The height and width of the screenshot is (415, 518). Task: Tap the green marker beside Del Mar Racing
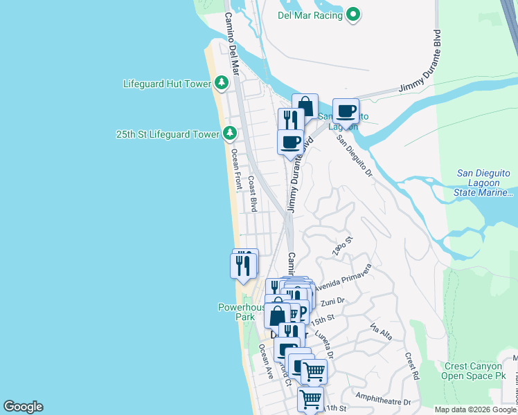(353, 14)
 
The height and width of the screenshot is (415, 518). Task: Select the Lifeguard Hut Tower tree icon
(222, 84)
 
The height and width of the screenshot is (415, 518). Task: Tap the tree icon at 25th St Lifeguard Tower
(230, 133)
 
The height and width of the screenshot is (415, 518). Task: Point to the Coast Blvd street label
(253, 194)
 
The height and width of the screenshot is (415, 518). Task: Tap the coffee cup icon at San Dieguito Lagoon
(345, 111)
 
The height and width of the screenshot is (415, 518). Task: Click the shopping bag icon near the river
(305, 107)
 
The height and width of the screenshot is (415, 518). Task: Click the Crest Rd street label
(413, 367)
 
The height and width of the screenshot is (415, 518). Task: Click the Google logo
(23, 407)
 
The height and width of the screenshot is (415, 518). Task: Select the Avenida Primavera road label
(346, 278)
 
